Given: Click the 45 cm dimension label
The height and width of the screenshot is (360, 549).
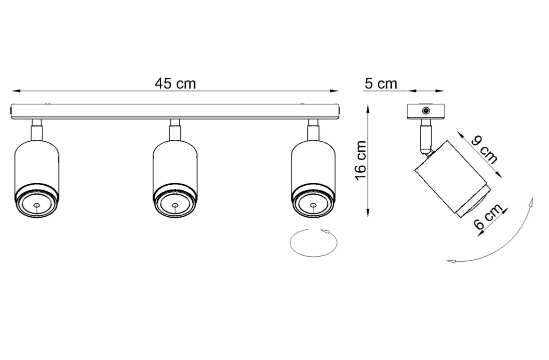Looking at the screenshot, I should tap(175, 83).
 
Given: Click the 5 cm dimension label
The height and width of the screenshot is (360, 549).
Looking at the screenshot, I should tap(380, 83).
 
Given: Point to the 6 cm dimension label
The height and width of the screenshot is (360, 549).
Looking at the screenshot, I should tap(487, 218).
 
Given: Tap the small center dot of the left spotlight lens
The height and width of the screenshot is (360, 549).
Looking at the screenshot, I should tap(37, 205).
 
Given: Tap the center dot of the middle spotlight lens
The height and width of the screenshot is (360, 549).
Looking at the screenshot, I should tap(175, 205).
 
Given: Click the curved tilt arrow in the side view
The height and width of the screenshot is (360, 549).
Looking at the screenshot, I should tap(504, 245).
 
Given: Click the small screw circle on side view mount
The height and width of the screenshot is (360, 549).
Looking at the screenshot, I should tap(426, 110).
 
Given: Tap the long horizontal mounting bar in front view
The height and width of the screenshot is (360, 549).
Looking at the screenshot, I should tap(175, 111).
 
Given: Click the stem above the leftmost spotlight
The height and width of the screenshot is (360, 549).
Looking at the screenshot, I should tap(36, 131).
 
